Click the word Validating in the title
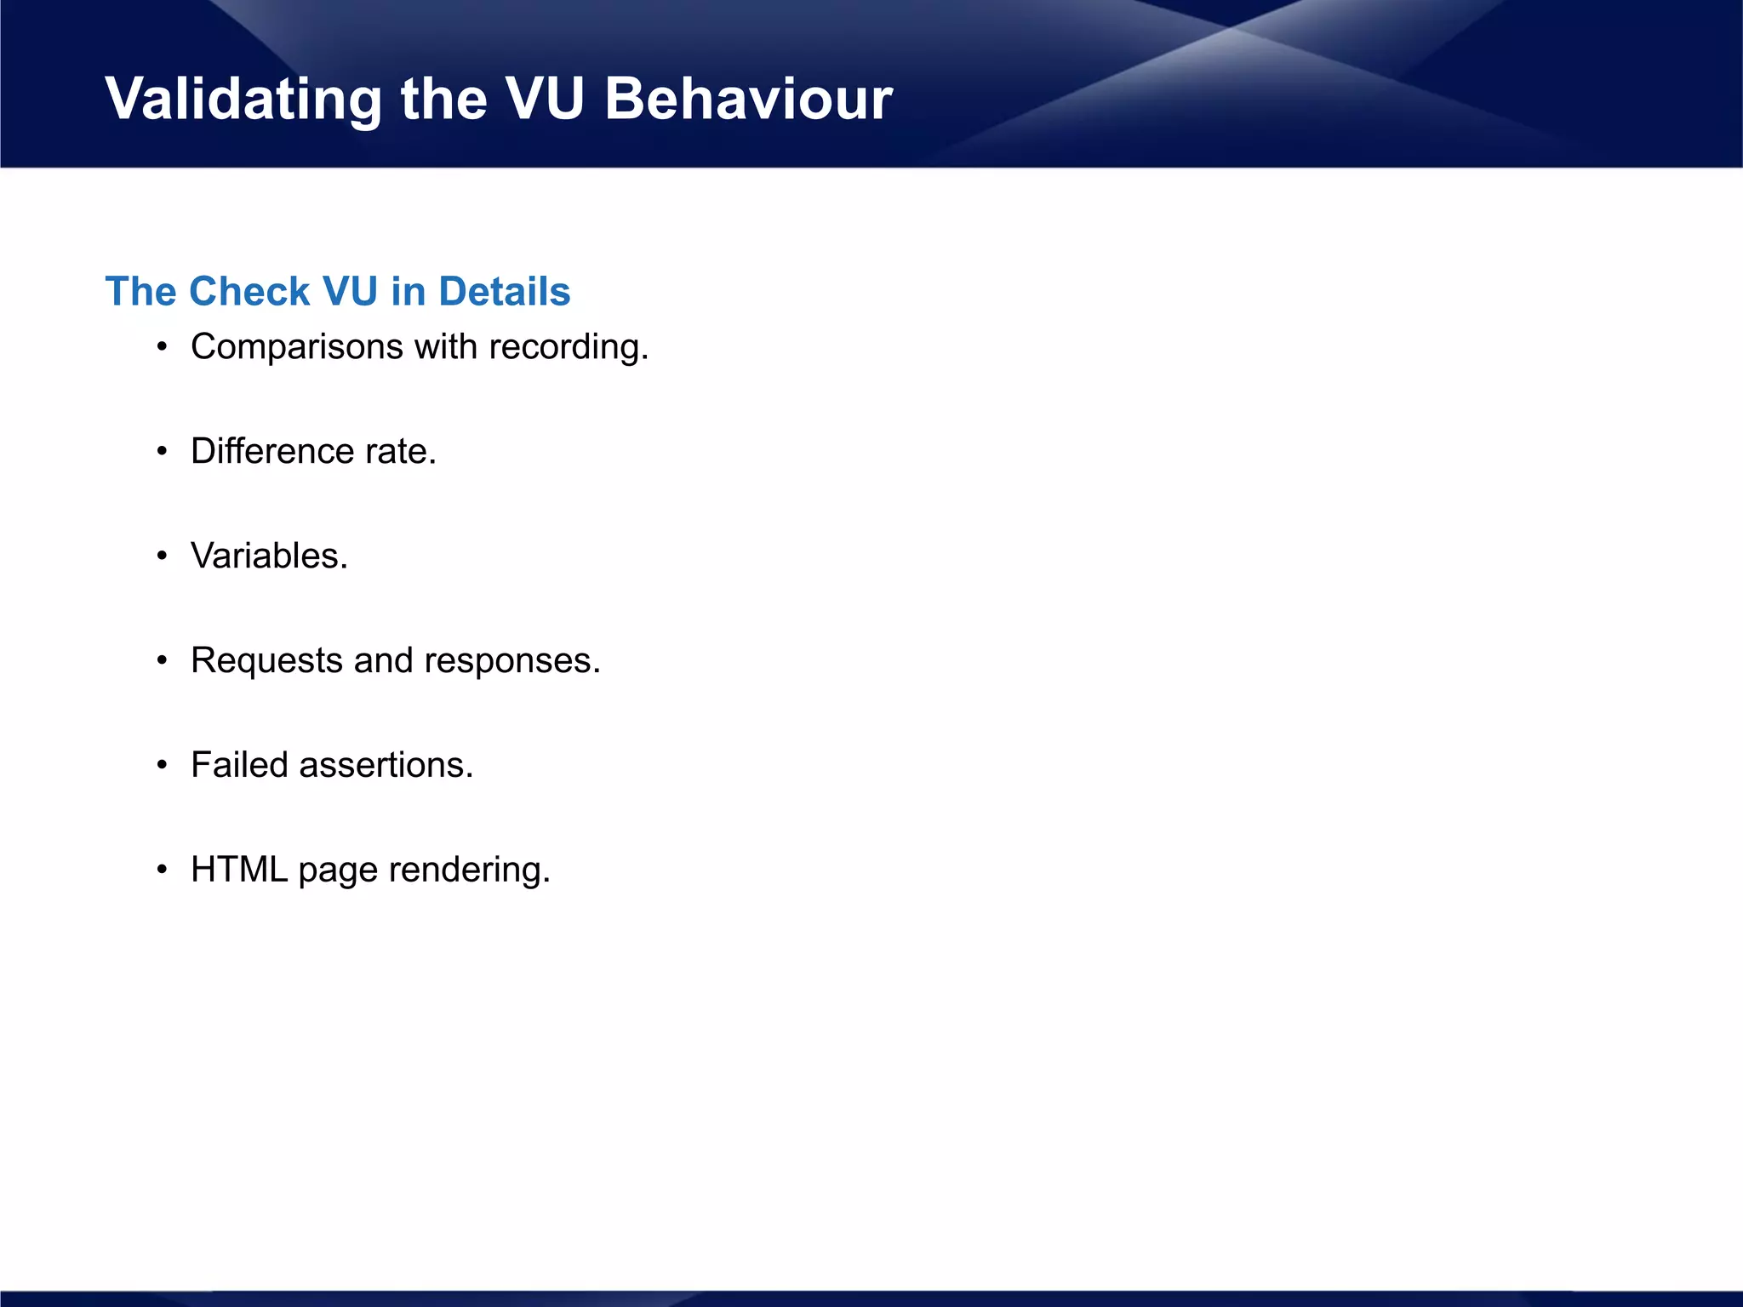click(x=243, y=100)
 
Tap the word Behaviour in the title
click(x=748, y=100)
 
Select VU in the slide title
click(x=545, y=100)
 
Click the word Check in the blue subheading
click(x=249, y=292)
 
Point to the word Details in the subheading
click(x=504, y=292)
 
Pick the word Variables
click(x=269, y=556)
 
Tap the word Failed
click(x=239, y=765)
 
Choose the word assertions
click(x=386, y=765)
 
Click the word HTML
click(x=239, y=870)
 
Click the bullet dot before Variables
click(x=162, y=556)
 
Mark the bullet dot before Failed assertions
click(x=162, y=766)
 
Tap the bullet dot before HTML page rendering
click(x=162, y=870)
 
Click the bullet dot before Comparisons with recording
click(x=162, y=348)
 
